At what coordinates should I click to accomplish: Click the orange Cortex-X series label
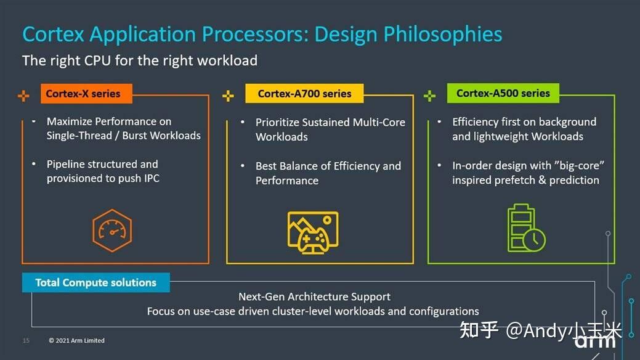(83, 94)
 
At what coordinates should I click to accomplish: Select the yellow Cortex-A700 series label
(304, 94)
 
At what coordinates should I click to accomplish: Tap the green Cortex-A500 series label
(503, 93)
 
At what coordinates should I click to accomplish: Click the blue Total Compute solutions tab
(95, 283)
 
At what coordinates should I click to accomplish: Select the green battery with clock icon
(525, 228)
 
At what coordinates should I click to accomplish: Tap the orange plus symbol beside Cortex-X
(23, 96)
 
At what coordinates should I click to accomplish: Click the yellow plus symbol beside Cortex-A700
(228, 96)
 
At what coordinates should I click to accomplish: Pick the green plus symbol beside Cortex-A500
(430, 96)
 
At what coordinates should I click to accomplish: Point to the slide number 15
(26, 341)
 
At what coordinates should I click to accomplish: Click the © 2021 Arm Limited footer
(77, 341)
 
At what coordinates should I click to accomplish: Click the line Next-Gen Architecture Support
(314, 297)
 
